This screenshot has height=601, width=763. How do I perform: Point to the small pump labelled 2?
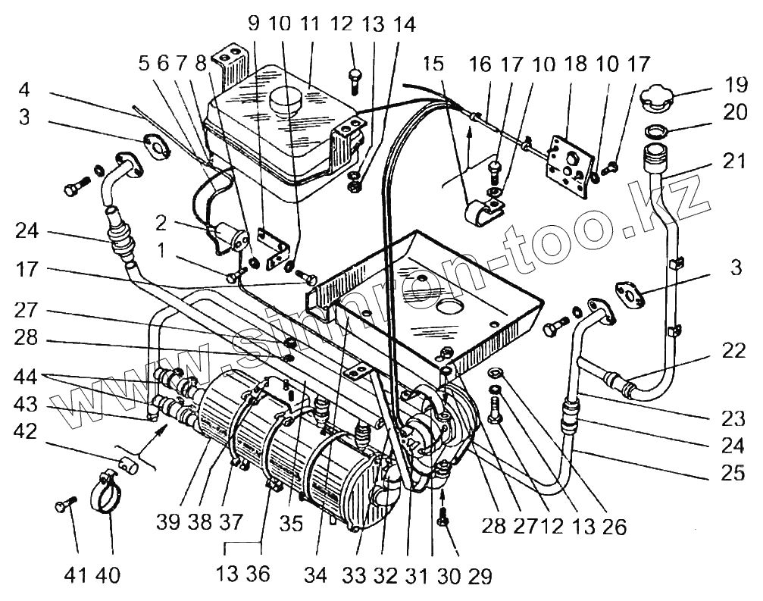point(230,236)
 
